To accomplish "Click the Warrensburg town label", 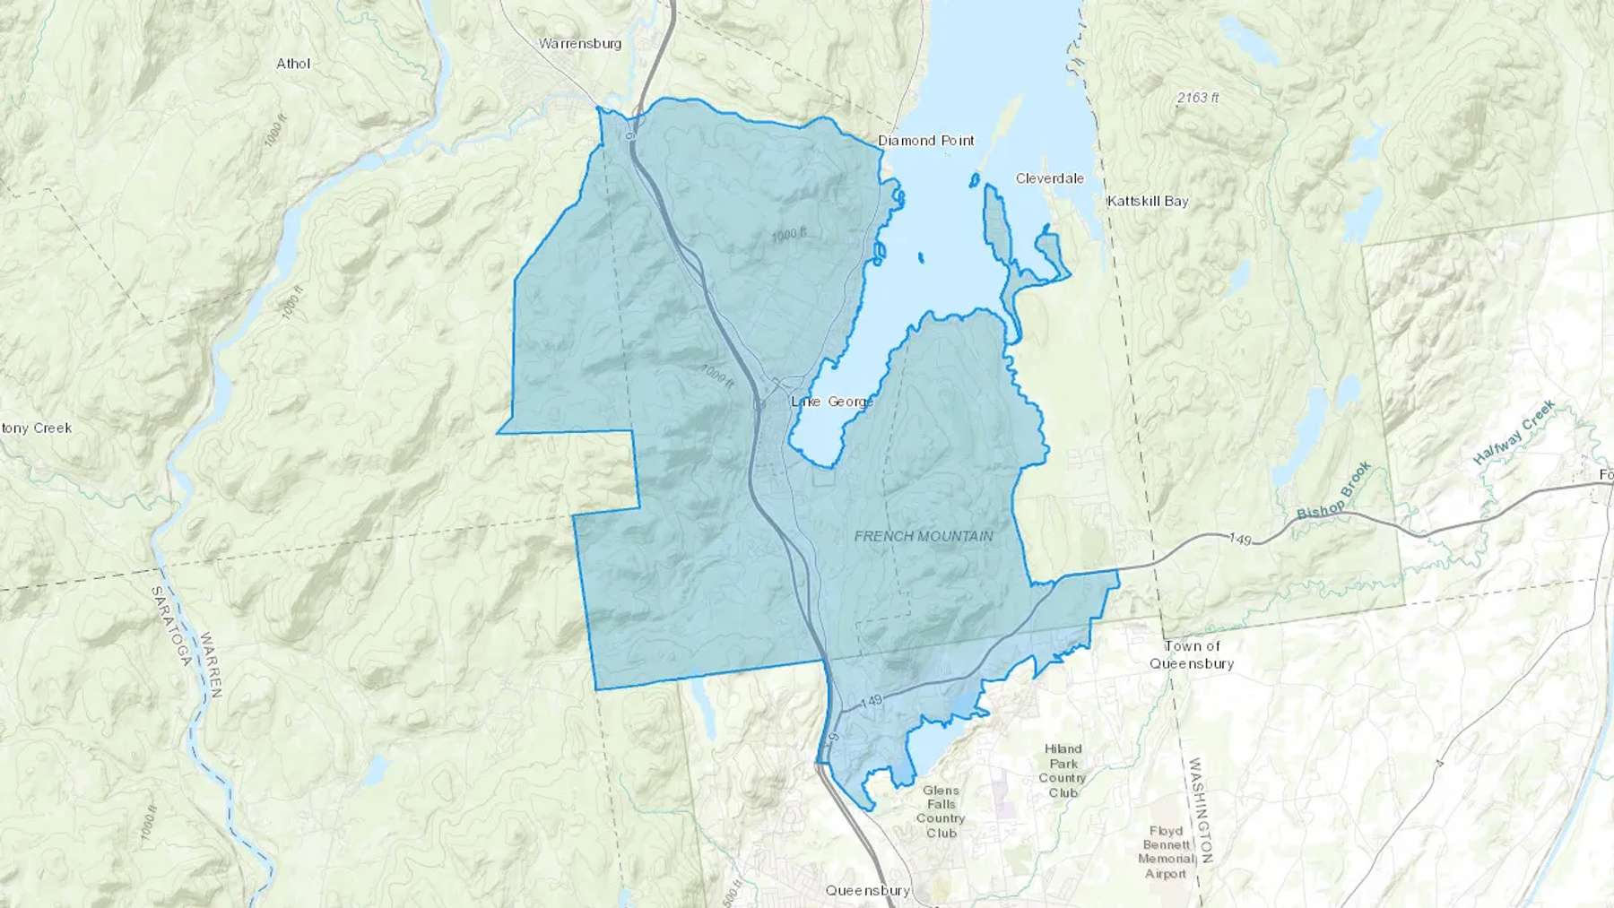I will (579, 43).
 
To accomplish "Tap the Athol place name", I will (293, 64).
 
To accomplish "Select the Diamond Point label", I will (925, 141).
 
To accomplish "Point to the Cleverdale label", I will (1049, 178).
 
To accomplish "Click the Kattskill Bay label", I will (1147, 201).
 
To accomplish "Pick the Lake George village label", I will (831, 402).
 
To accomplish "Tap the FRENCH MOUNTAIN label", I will (924, 536).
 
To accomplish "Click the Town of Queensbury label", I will (1192, 655).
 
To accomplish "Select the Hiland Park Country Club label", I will (1063, 771).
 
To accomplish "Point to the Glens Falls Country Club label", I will (941, 811).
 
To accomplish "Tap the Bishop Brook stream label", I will (1334, 490).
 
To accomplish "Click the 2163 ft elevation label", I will (1198, 98).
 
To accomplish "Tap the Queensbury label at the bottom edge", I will (867, 891).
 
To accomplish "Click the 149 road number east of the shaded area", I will (1240, 539).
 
